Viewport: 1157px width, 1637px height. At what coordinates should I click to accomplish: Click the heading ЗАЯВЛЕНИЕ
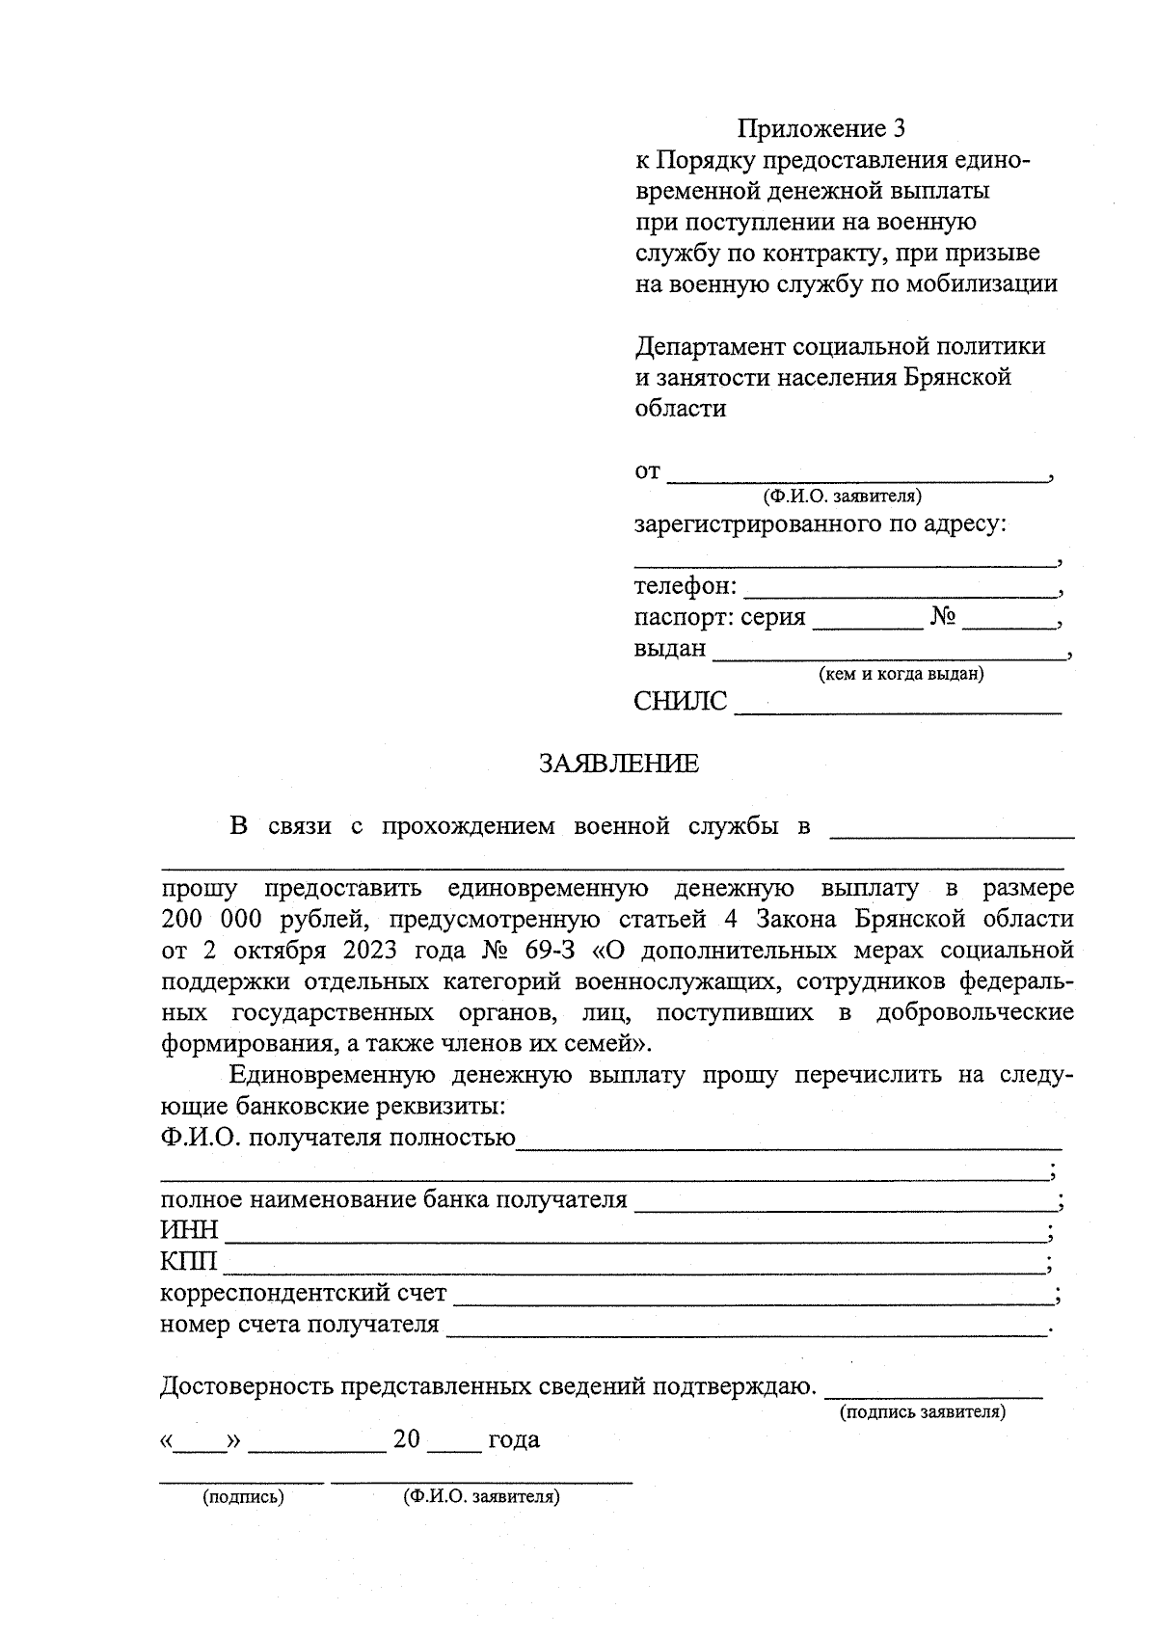click(618, 764)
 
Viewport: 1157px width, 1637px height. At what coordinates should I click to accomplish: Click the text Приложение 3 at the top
click(821, 128)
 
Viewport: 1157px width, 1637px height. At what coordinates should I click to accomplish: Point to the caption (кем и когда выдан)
click(901, 675)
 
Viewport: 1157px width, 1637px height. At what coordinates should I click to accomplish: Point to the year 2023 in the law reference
click(369, 951)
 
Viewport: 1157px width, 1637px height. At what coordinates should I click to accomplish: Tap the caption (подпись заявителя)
click(923, 1412)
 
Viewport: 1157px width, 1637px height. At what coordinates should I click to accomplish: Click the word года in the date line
click(514, 1440)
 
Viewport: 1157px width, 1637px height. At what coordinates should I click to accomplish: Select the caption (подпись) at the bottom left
click(243, 1497)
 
